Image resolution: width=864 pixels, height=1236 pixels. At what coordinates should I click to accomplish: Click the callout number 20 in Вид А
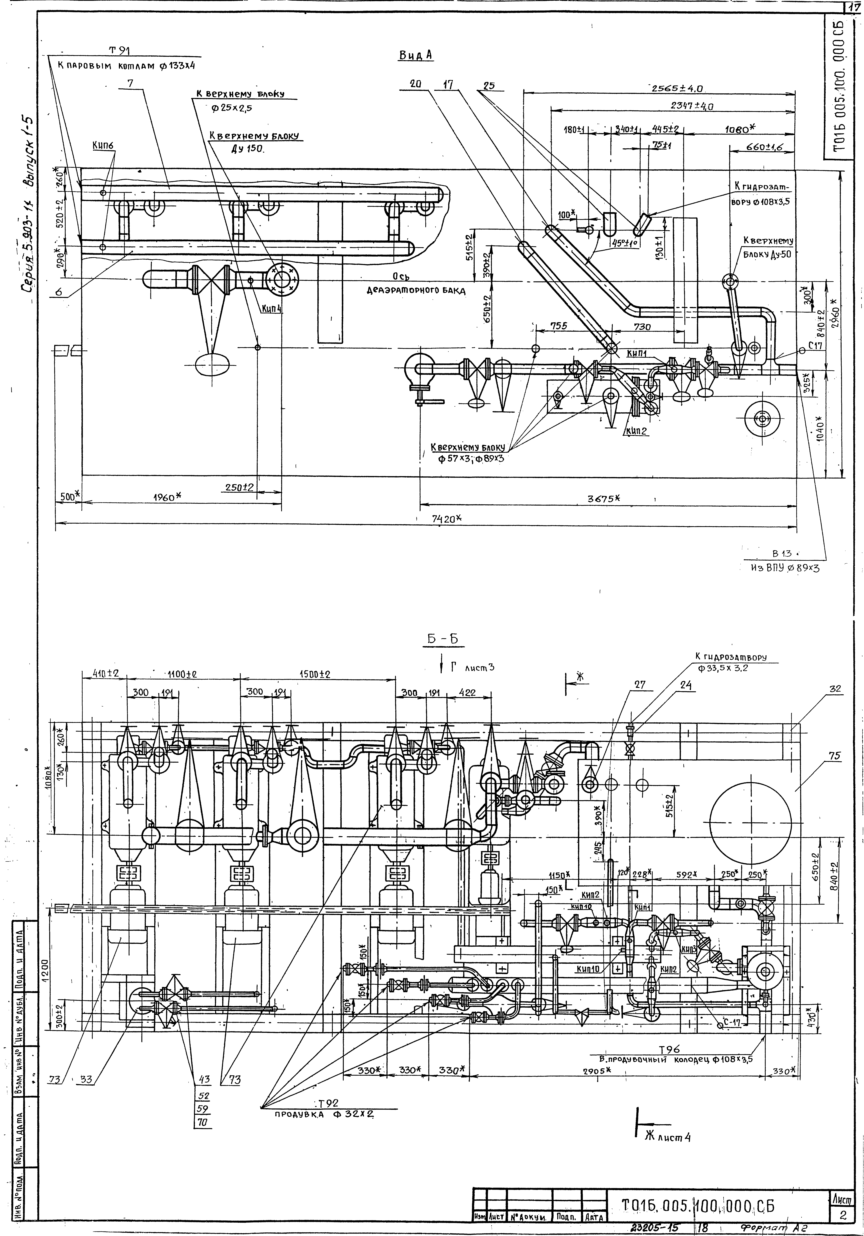[415, 84]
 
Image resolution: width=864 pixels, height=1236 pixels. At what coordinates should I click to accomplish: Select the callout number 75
[834, 756]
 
